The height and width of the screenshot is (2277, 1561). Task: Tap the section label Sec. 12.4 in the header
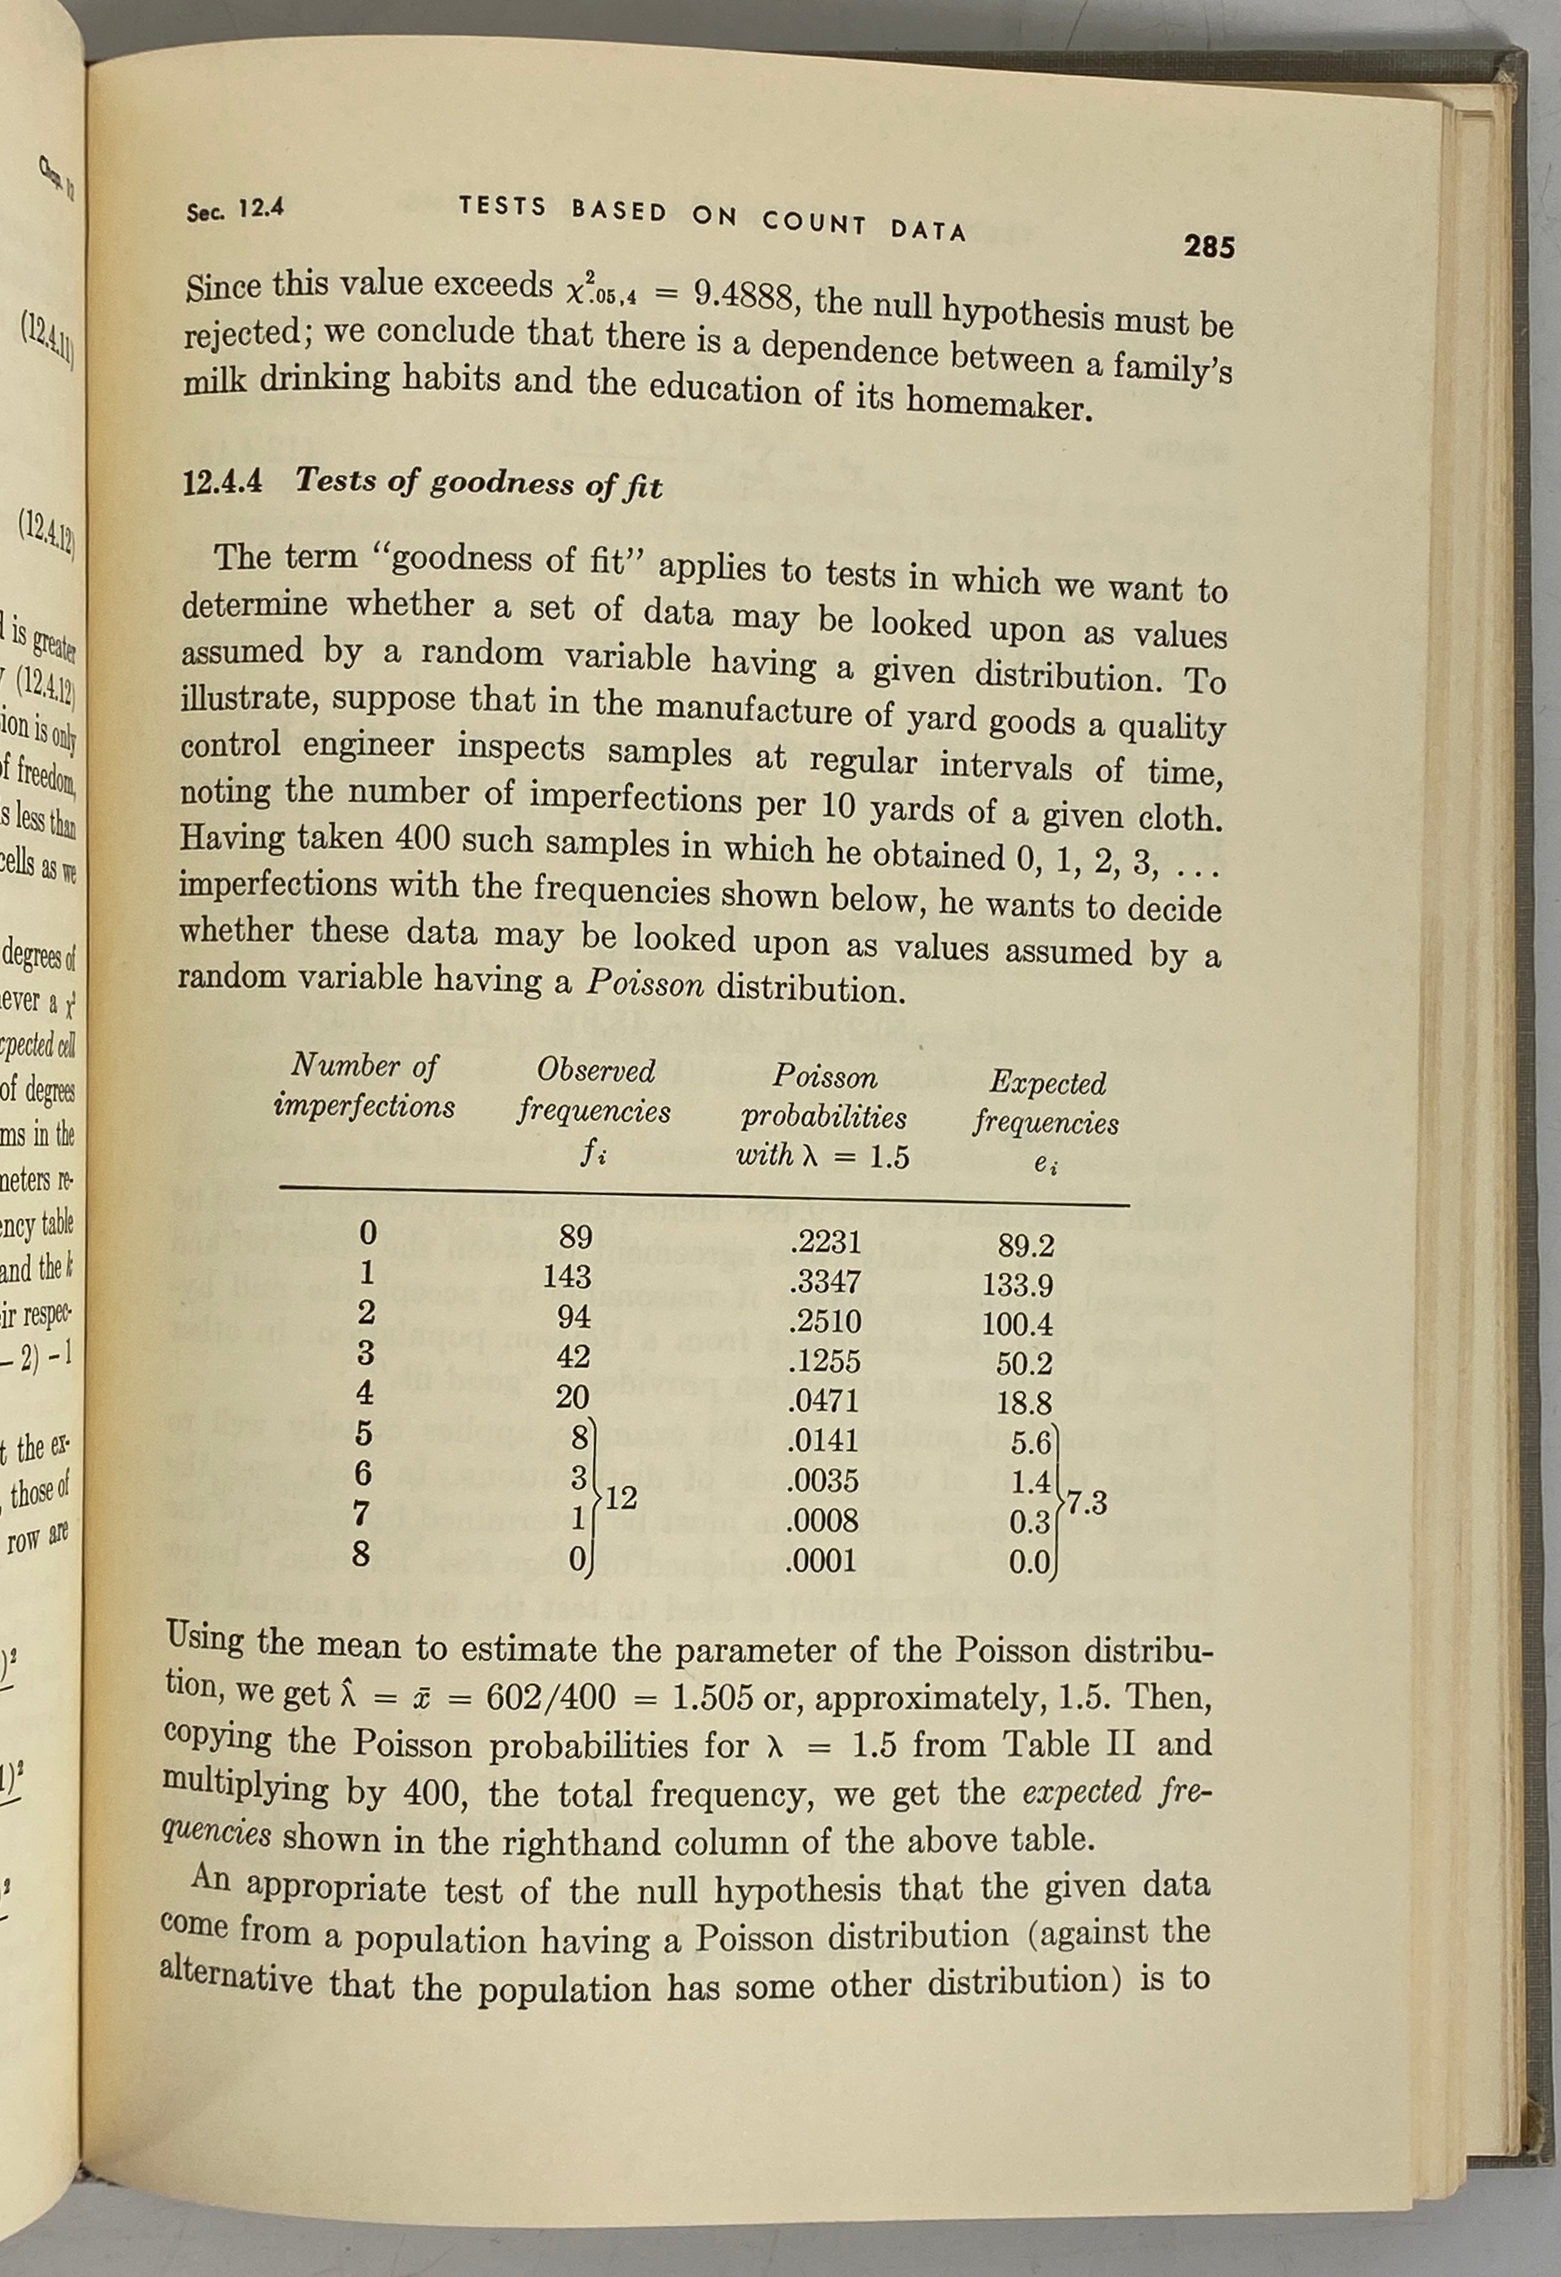click(235, 208)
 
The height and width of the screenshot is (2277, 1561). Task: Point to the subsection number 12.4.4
click(222, 483)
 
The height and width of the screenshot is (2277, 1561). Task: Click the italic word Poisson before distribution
click(645, 984)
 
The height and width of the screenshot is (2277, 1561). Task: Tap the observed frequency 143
click(568, 1277)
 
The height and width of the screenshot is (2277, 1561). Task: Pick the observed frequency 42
click(573, 1357)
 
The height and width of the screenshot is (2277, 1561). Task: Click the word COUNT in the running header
click(814, 224)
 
